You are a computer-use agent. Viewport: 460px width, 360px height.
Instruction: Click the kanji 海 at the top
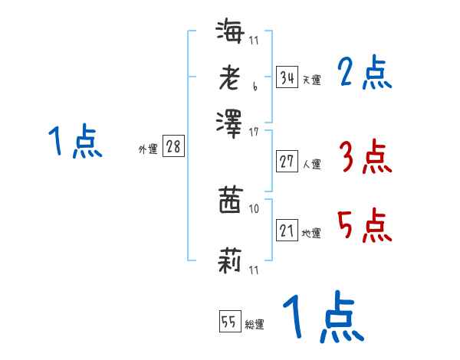coord(230,33)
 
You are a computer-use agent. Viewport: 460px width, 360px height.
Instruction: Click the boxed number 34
coord(287,77)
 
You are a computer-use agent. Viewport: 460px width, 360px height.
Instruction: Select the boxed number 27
coord(287,161)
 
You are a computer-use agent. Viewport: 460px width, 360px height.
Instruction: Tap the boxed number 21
coord(287,231)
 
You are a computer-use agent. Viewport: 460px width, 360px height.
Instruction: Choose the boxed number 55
coord(229,322)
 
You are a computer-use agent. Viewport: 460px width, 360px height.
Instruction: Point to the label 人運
coord(311,164)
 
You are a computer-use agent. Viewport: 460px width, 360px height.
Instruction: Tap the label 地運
coord(311,234)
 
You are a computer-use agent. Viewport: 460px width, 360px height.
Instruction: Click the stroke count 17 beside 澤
coord(254,133)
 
